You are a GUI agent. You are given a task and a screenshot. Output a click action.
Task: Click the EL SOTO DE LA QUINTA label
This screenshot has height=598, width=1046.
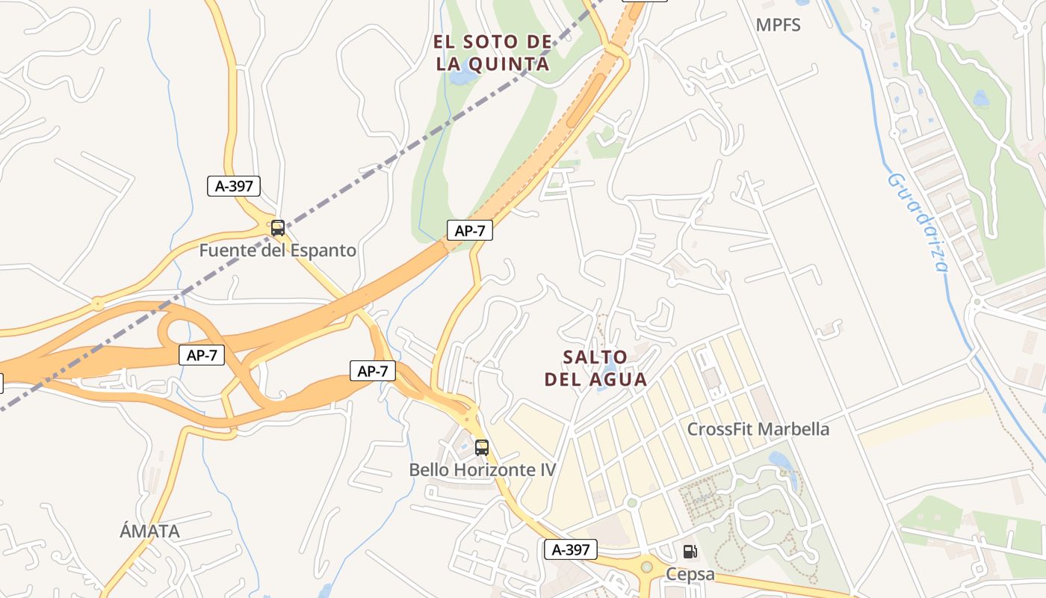[492, 52]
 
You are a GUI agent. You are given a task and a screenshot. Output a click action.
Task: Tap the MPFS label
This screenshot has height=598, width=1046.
[778, 25]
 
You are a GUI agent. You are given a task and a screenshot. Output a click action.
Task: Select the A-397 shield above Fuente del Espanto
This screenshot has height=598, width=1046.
[234, 186]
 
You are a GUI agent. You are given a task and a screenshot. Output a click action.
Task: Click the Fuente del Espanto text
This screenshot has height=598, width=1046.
[277, 250]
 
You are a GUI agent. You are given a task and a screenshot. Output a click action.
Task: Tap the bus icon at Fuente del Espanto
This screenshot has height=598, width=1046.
[278, 228]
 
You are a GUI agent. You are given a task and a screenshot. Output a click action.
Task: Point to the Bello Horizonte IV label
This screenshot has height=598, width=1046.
[482, 469]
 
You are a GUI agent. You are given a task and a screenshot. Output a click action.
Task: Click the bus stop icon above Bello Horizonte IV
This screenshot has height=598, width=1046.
[482, 448]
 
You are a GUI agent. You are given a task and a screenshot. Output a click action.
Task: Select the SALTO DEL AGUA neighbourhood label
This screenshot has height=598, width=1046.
[595, 368]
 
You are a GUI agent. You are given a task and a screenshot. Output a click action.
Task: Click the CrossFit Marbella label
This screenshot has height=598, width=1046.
[758, 429]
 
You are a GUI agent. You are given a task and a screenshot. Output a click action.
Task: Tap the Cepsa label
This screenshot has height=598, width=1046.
[690, 574]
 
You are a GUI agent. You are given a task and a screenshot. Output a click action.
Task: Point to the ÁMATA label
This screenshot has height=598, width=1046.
[149, 531]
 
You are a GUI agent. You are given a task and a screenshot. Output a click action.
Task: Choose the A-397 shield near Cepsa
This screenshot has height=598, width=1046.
[571, 550]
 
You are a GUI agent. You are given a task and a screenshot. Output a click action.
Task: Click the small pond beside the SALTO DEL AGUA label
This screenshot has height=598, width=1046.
[610, 366]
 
